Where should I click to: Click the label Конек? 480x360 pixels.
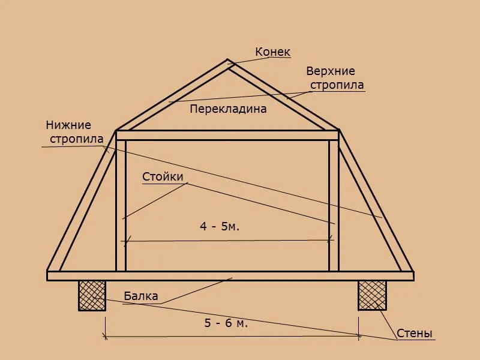tap(272, 52)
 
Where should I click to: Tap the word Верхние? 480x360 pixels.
tap(331, 71)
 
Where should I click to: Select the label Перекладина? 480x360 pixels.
tap(228, 109)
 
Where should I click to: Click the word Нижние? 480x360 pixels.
tap(68, 125)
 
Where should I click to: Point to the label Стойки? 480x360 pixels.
tap(163, 176)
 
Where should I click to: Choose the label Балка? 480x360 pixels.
tap(141, 296)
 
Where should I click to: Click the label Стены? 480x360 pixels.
tap(414, 334)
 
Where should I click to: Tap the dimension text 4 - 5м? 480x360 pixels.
tap(220, 227)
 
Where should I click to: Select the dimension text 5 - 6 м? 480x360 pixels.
tap(226, 323)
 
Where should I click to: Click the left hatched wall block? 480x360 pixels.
tap(92, 295)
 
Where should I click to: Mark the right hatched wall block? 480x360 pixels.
tap(372, 295)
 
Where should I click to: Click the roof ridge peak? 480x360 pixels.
tap(227, 60)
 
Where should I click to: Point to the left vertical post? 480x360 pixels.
tap(121, 206)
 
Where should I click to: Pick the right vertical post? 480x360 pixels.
tap(334, 206)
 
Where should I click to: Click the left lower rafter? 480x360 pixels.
tap(82, 201)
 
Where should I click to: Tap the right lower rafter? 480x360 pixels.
tap(376, 201)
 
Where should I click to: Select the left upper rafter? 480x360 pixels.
tap(172, 95)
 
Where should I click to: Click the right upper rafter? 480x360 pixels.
tap(283, 95)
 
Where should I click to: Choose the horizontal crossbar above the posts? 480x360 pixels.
tap(227, 136)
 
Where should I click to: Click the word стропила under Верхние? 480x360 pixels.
tap(337, 85)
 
